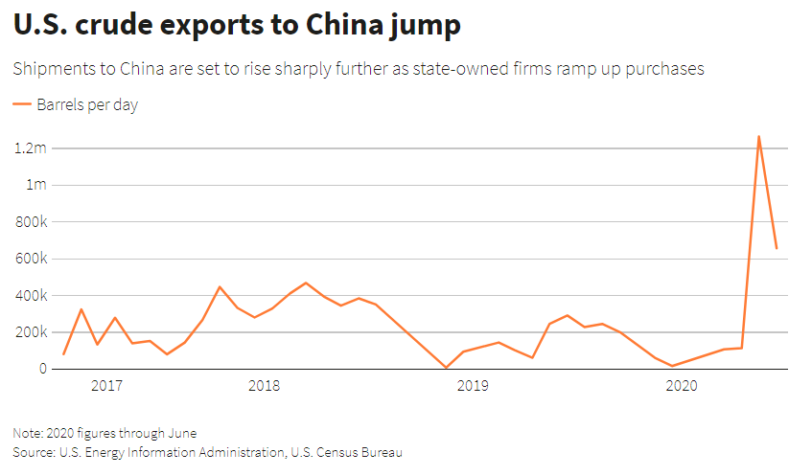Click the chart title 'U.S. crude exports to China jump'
coord(238,26)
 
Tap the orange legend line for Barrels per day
coord(22,105)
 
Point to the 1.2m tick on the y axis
coord(30,148)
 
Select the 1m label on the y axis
coord(35,185)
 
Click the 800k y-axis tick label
coord(30,222)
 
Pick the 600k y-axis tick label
coord(30,259)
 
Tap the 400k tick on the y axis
coord(30,295)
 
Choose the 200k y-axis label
coord(30,332)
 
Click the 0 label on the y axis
coord(42,369)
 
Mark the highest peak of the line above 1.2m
coord(758,136)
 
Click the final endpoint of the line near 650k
coord(777,249)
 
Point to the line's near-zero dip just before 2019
coord(446,367)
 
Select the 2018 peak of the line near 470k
coord(306,283)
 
